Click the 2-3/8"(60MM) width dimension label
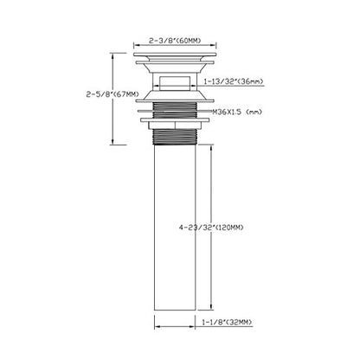175,41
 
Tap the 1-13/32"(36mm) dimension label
233,81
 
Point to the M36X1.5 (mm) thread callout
237,112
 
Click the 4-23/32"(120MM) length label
211,228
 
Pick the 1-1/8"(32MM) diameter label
227,322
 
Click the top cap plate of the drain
175,55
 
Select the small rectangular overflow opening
175,83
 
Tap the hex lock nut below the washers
175,125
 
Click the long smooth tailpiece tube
175,228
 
